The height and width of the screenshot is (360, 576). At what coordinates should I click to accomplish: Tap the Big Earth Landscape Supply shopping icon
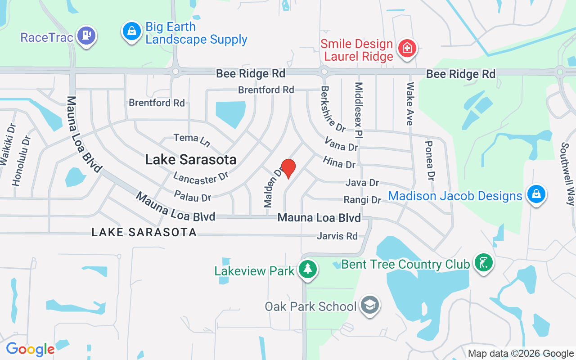131,32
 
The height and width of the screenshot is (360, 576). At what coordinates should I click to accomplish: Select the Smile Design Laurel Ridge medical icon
407,48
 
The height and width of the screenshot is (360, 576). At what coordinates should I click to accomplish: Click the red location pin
288,168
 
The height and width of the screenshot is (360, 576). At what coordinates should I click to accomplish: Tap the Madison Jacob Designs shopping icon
536,194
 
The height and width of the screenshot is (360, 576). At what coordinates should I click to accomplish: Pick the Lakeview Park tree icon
308,270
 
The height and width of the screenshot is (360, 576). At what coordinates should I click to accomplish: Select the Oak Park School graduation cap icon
370,306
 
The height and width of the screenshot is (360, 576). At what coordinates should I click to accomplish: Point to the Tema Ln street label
192,139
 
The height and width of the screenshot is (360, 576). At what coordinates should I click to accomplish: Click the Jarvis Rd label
337,236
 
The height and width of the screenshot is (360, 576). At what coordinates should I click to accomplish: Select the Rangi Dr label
362,199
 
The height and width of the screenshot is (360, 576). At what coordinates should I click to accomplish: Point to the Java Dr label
362,182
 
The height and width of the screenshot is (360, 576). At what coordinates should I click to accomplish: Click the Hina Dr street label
339,162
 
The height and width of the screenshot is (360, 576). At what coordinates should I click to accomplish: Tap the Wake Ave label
410,104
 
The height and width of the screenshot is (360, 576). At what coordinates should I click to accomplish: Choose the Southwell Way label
568,174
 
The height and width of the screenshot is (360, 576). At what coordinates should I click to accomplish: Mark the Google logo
30,349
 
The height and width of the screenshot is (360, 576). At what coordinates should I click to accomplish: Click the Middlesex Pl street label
360,109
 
